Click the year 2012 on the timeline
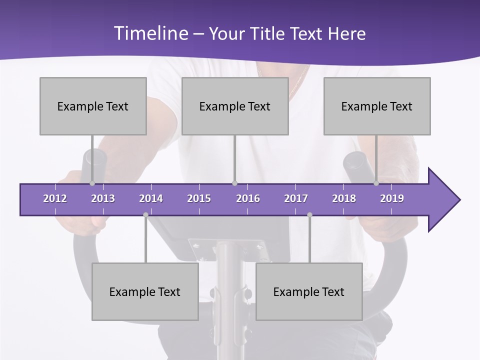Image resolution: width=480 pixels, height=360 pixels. point(55,198)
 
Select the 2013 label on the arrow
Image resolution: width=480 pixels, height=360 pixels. point(103,198)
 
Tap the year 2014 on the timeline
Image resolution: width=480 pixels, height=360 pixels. point(151,198)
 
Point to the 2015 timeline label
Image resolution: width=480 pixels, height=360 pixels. point(199,198)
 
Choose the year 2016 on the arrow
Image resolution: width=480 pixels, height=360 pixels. point(248,198)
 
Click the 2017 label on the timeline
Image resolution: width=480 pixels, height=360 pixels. point(296,198)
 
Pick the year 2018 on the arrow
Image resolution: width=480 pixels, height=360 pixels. point(344,198)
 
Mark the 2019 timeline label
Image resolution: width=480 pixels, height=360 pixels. point(392,198)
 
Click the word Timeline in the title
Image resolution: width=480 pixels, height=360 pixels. point(150,33)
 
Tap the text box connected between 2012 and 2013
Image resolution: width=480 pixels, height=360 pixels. point(93,106)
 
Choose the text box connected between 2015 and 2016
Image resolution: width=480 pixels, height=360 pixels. point(235,106)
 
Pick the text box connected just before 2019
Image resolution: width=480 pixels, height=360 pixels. point(377,106)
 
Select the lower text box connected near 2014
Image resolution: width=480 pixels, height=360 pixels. point(145,291)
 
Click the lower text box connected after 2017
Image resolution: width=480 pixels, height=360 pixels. point(309,291)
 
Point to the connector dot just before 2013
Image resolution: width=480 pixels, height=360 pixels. point(92,183)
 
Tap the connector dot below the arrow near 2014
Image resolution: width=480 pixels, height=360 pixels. point(145,215)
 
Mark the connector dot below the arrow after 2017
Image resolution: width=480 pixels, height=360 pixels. point(309,215)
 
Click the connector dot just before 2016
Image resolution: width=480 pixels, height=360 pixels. point(234,183)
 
